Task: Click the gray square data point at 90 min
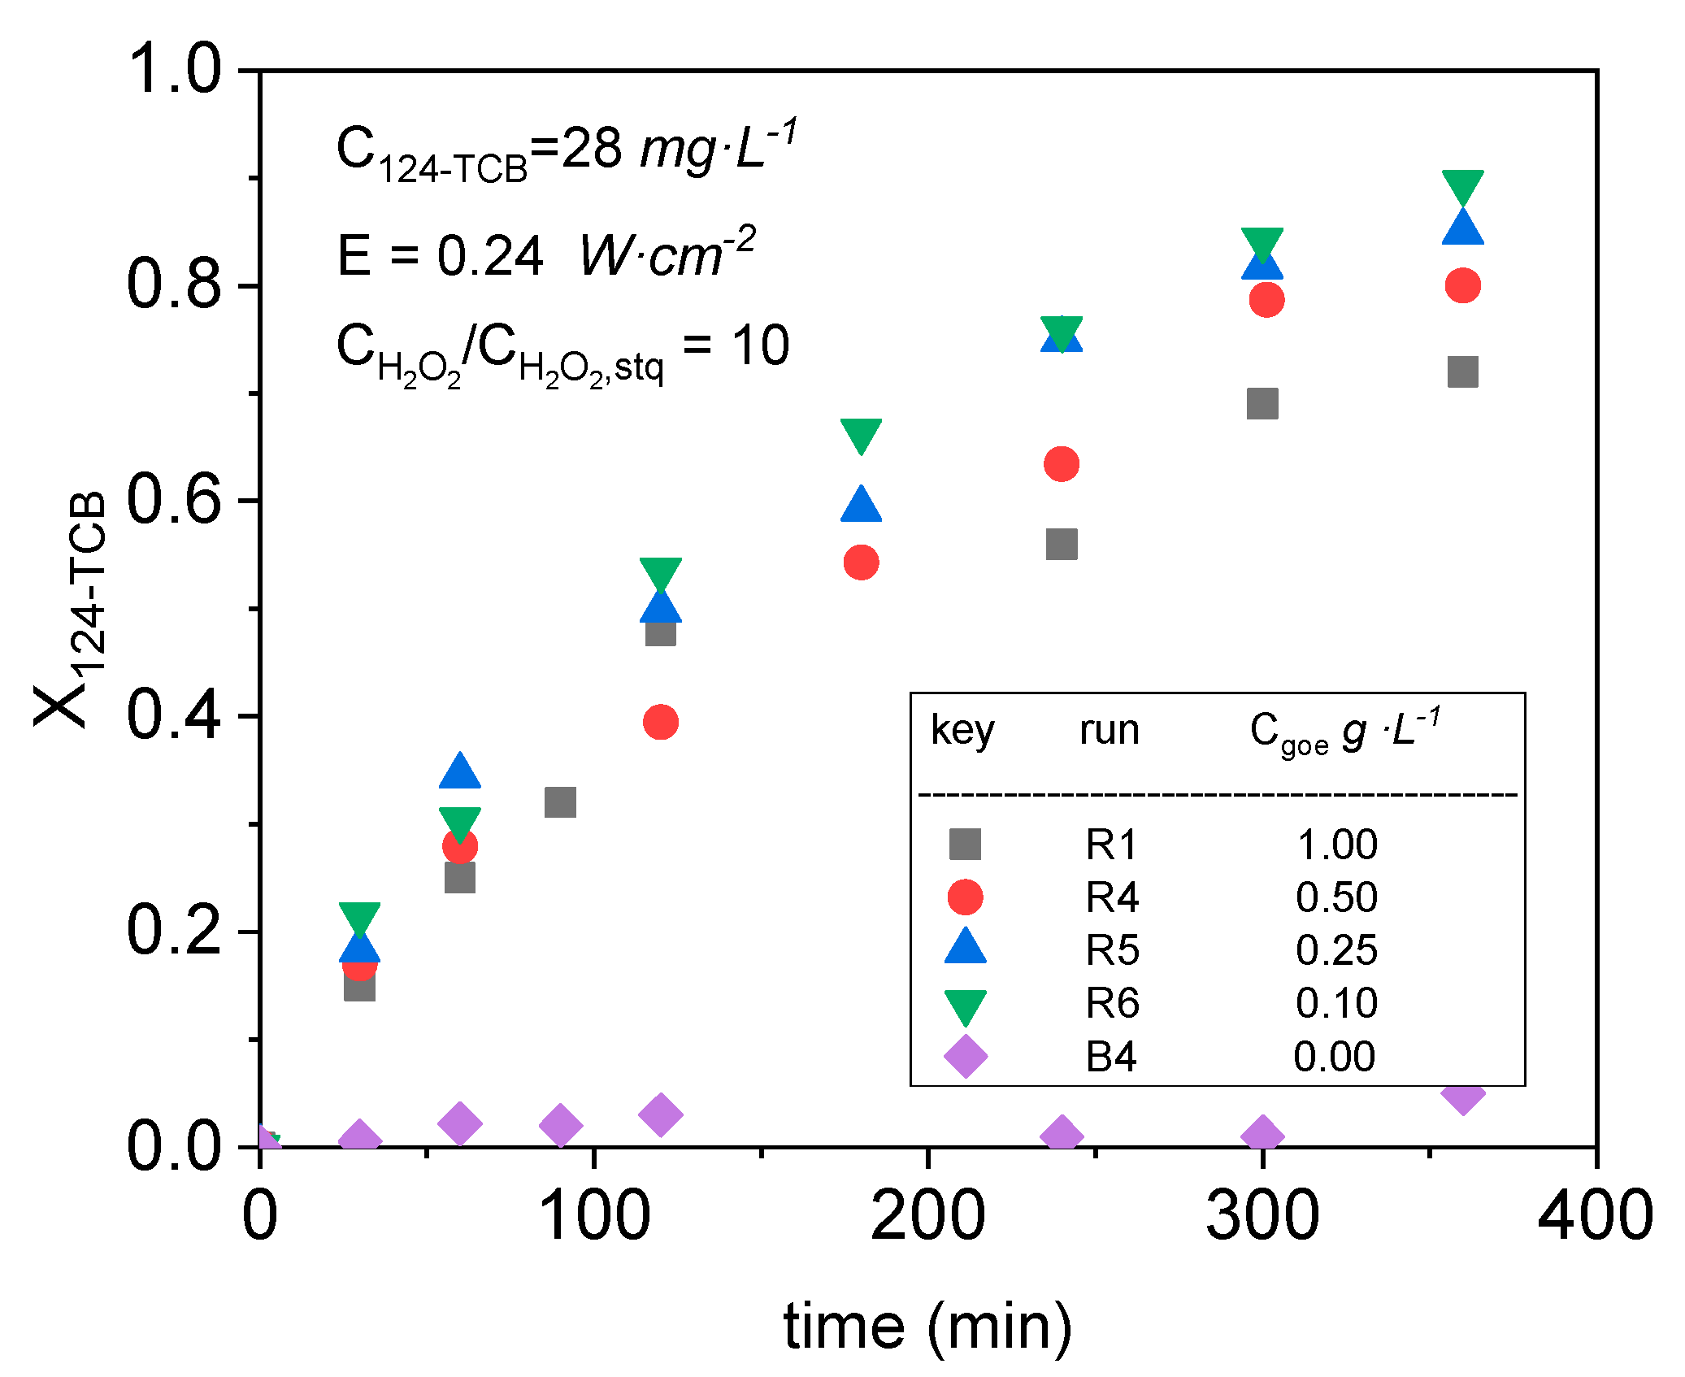pyautogui.click(x=560, y=802)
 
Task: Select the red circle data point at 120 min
pyautogui.click(x=660, y=722)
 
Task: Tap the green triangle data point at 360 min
pyautogui.click(x=1462, y=186)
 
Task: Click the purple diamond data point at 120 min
pyautogui.click(x=660, y=1114)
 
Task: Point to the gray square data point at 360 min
pyautogui.click(x=1462, y=372)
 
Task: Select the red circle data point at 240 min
pyautogui.click(x=1061, y=464)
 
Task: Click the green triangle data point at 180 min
pyautogui.click(x=861, y=435)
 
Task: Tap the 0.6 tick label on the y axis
pyautogui.click(x=173, y=499)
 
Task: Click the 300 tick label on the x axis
pyautogui.click(x=1262, y=1215)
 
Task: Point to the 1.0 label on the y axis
pyautogui.click(x=173, y=69)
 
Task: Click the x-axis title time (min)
pyautogui.click(x=927, y=1327)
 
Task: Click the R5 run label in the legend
pyautogui.click(x=1112, y=949)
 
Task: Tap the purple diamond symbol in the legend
pyautogui.click(x=965, y=1057)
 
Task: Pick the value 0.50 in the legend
pyautogui.click(x=1336, y=897)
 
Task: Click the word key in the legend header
pyautogui.click(x=962, y=730)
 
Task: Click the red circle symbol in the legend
pyautogui.click(x=965, y=897)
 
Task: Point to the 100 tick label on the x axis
pyautogui.click(x=594, y=1215)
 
